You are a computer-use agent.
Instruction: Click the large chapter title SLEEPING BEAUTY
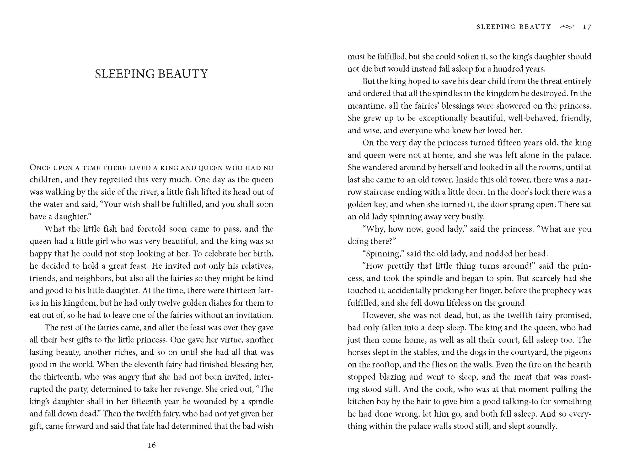[151, 74]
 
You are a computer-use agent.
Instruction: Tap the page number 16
[151, 445]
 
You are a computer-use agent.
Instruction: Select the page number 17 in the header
[587, 27]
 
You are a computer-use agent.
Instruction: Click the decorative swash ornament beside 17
[567, 27]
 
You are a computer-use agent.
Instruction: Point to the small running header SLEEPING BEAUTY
[514, 27]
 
